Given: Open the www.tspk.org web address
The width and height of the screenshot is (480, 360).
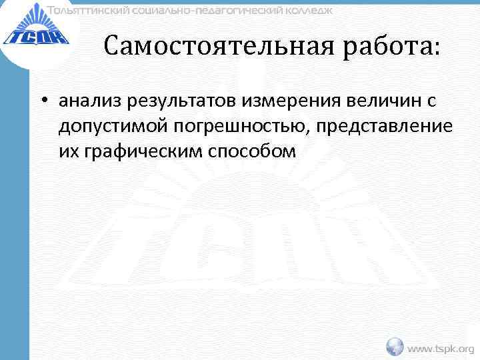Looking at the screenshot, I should click(441, 348).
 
